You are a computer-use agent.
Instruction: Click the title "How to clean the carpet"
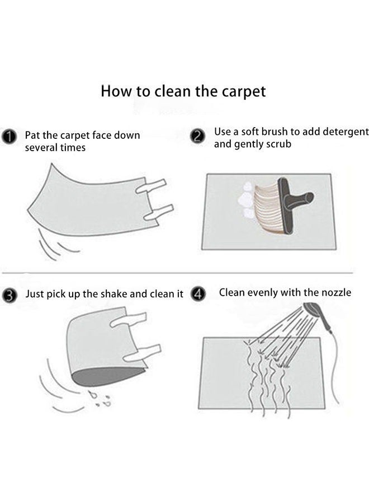click(x=183, y=91)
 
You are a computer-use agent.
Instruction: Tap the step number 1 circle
click(x=9, y=136)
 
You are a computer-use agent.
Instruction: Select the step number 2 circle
click(x=196, y=136)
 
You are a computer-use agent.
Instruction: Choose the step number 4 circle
click(x=197, y=293)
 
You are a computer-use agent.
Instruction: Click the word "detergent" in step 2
click(x=340, y=132)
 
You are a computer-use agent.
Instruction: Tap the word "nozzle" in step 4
click(x=335, y=292)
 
